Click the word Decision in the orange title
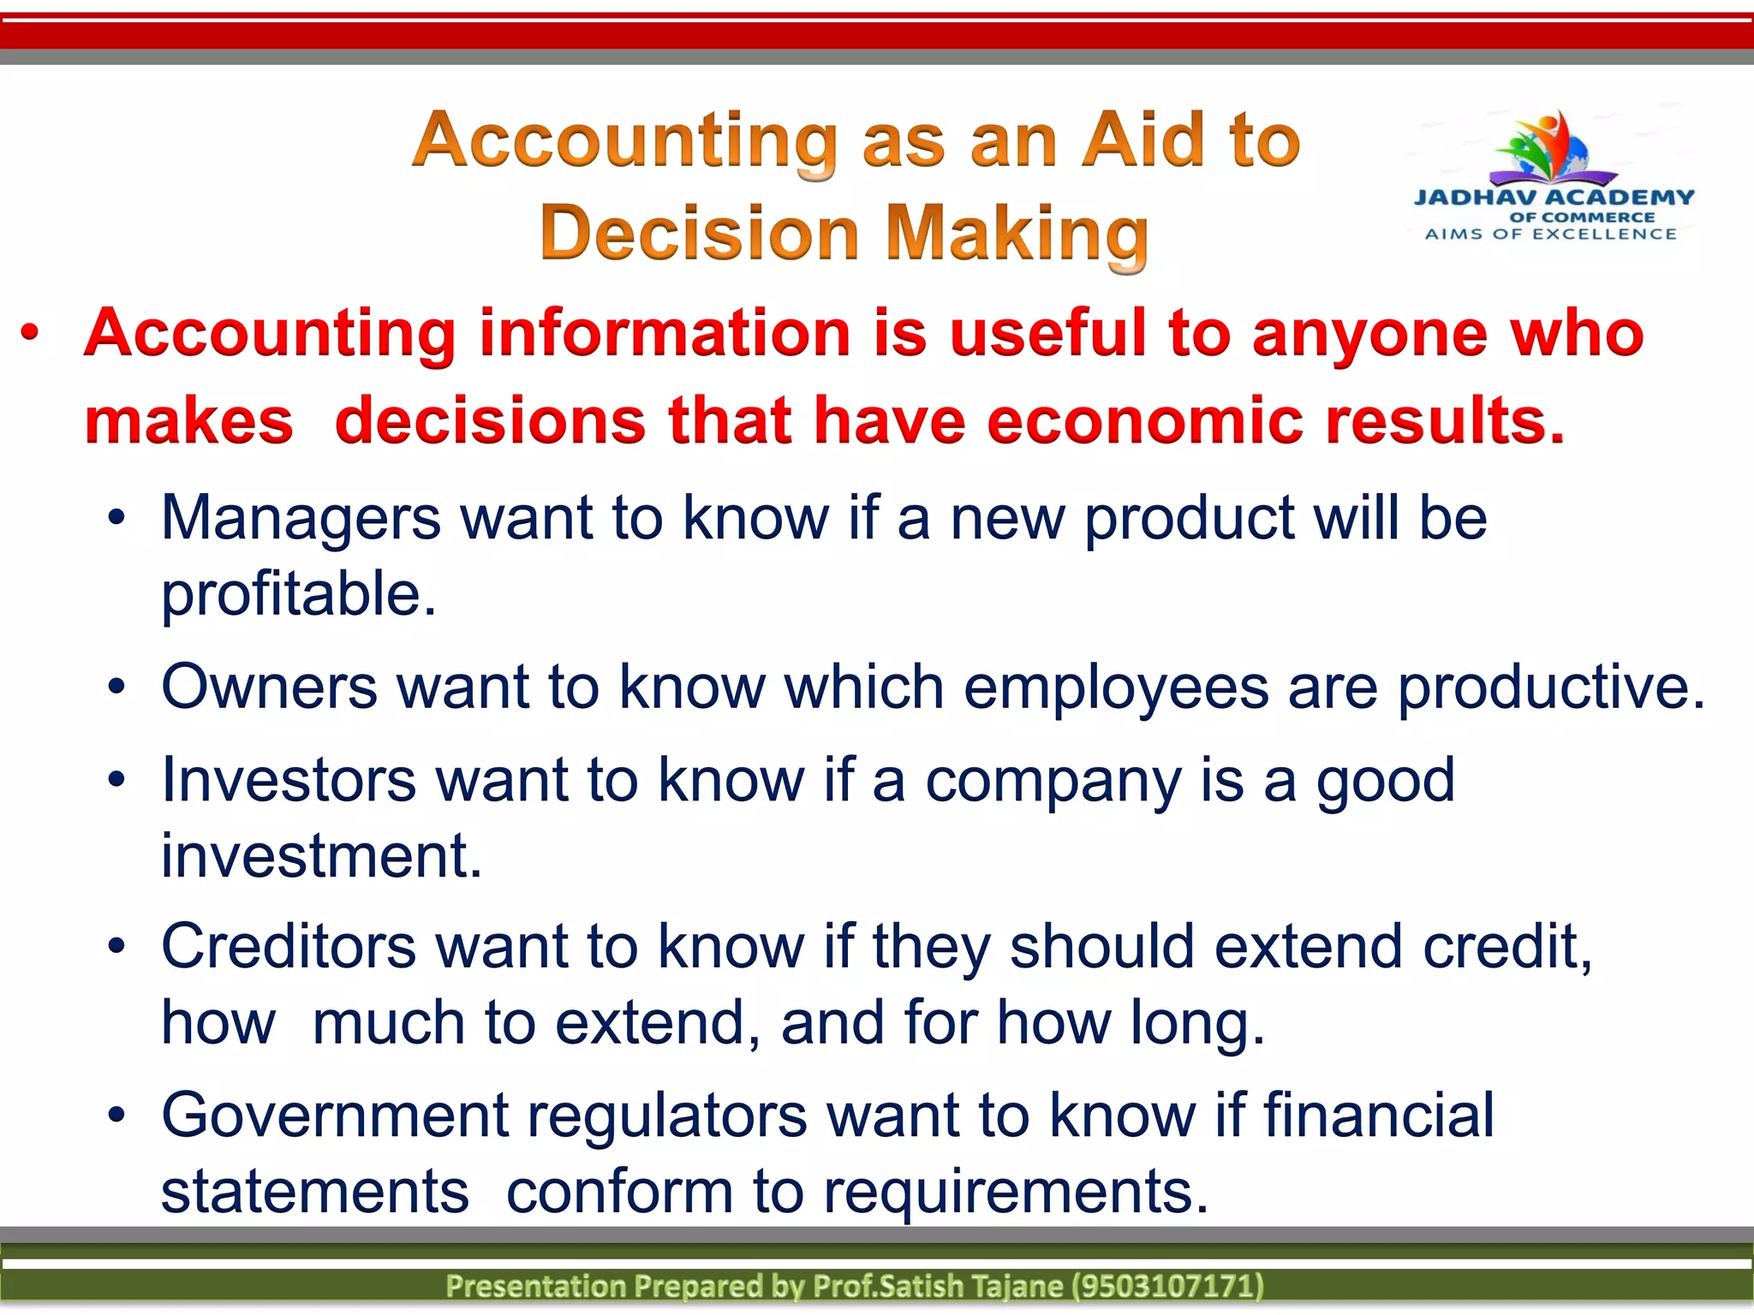click(x=699, y=233)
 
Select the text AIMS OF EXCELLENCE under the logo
click(x=1551, y=234)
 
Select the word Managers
click(x=301, y=519)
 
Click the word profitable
click(x=298, y=594)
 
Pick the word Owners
click(x=269, y=687)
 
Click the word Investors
click(x=289, y=780)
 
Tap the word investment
click(x=321, y=855)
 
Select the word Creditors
click(x=289, y=947)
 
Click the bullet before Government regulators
click(x=117, y=1115)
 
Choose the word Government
click(x=335, y=1116)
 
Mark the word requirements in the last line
click(x=1015, y=1192)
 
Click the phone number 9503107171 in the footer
click(x=1169, y=1286)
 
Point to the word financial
click(x=1378, y=1115)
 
